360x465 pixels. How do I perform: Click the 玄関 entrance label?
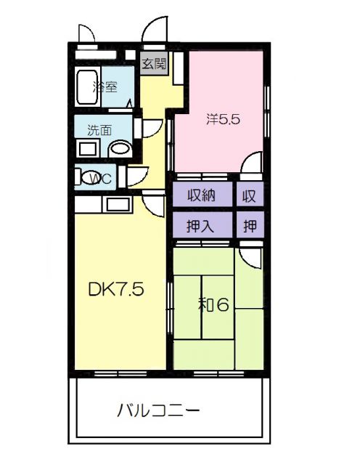click(x=153, y=64)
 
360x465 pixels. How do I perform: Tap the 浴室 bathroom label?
click(x=106, y=87)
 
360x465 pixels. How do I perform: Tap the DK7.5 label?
click(x=116, y=290)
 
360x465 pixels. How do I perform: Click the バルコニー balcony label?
click(x=159, y=411)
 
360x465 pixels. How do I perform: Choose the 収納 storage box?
click(x=202, y=195)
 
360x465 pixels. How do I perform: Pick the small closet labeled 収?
click(x=250, y=195)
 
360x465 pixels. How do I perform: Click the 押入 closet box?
click(x=202, y=225)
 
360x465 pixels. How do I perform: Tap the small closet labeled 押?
click(x=250, y=225)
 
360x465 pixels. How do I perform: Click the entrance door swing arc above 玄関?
click(x=153, y=31)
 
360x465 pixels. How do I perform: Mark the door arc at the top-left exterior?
click(x=86, y=33)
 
